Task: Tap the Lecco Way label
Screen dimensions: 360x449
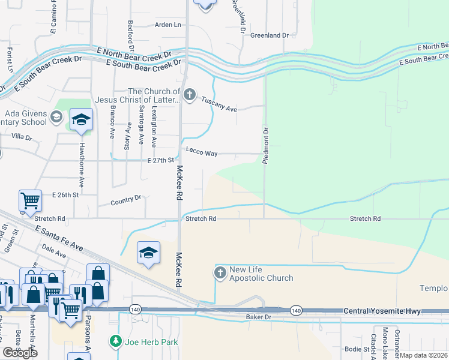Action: tap(202, 154)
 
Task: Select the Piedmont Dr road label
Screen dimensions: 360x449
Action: tap(265, 145)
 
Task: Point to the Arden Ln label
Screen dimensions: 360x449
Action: tap(167, 25)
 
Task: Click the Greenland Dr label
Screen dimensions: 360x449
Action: tap(270, 35)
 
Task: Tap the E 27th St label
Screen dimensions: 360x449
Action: tap(160, 160)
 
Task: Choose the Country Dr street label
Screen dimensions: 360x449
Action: tap(125, 200)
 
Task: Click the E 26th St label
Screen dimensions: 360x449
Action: tap(65, 196)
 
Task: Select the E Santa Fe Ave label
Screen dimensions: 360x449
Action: tap(58, 238)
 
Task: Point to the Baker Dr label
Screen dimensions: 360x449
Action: tap(259, 316)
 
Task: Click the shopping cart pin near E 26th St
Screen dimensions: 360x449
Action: tap(30, 200)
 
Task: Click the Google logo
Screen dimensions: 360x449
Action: tap(20, 353)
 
